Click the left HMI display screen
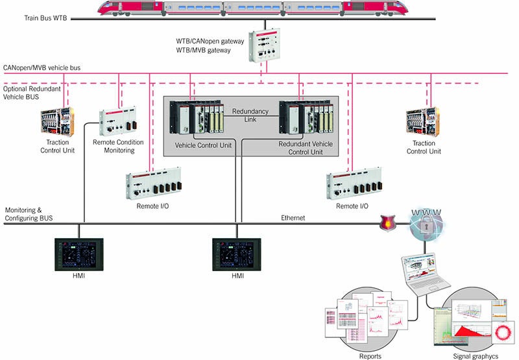click(x=78, y=255)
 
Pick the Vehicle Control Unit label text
click(x=203, y=145)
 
